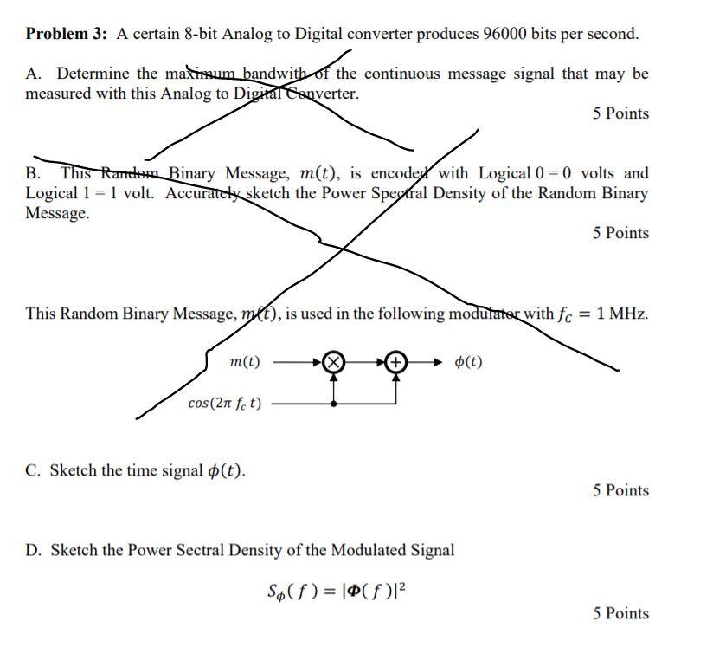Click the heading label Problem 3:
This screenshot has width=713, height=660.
(x=68, y=35)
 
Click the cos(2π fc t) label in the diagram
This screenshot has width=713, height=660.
(x=227, y=403)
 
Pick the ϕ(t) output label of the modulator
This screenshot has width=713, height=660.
(x=468, y=361)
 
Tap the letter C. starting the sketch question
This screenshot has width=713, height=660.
(x=33, y=471)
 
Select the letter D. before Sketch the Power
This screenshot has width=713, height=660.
(x=33, y=550)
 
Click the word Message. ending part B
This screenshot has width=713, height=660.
(x=57, y=212)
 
